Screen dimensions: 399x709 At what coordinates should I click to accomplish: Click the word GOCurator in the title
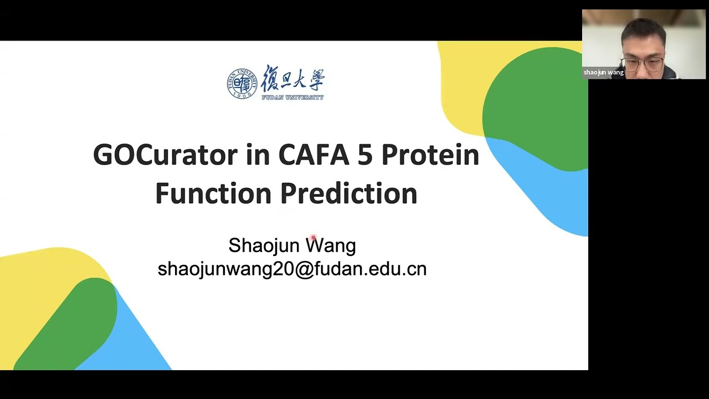point(165,155)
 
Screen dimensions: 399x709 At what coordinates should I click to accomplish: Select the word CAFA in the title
point(314,155)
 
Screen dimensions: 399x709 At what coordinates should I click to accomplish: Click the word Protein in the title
point(430,155)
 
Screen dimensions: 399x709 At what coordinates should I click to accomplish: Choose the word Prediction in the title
point(348,193)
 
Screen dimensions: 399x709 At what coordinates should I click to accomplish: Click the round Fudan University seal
point(242,84)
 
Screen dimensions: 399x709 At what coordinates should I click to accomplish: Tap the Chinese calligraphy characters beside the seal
point(292,79)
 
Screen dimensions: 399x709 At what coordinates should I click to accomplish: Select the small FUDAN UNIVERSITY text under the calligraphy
point(292,98)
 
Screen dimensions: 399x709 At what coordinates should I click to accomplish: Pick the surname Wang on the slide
point(331,245)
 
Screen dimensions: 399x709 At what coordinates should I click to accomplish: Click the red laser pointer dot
point(313,238)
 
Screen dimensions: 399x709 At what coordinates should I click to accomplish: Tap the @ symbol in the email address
point(304,269)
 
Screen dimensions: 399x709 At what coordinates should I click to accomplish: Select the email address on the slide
point(292,269)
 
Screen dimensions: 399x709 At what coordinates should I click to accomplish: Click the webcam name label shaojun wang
point(603,73)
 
